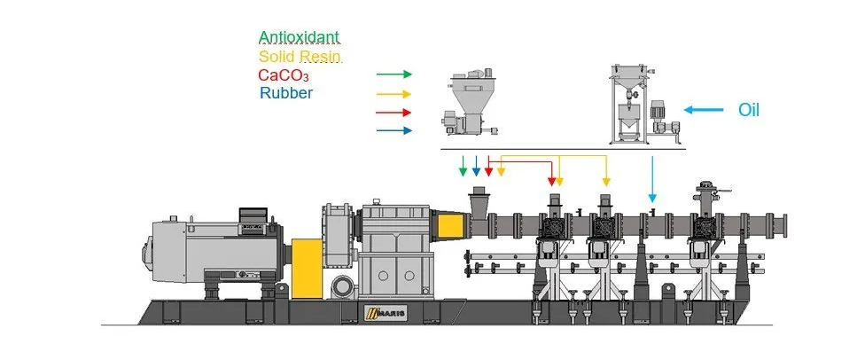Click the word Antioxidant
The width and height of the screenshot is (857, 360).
coord(298,37)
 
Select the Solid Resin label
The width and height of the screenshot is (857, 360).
coord(300,56)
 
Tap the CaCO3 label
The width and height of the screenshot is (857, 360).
coord(283,75)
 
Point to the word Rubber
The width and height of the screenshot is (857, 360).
coord(285,92)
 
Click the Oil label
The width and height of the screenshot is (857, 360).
coord(749,110)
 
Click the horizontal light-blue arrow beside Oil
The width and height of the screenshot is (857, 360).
coord(702,110)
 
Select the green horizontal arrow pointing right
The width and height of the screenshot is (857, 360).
coord(393,75)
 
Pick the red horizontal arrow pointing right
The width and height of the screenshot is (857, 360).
coord(393,113)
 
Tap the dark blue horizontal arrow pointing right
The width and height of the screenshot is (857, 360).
coord(393,130)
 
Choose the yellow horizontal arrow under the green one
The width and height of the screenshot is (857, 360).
coord(393,94)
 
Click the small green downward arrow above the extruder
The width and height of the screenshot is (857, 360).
coord(462,167)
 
